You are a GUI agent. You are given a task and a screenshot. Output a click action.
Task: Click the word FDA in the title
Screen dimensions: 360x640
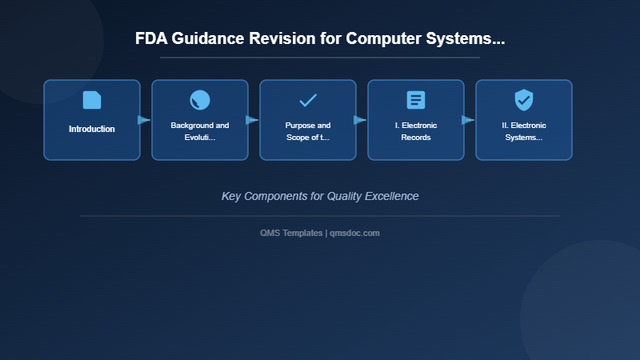tap(150, 39)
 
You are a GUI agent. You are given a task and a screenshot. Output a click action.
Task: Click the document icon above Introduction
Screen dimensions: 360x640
tap(92, 100)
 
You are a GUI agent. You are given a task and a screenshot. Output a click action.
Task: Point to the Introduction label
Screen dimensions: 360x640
tap(92, 129)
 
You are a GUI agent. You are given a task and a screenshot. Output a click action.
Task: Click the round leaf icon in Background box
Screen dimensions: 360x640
tap(200, 100)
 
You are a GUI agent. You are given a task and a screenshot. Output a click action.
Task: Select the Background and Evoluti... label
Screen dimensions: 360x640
tap(200, 131)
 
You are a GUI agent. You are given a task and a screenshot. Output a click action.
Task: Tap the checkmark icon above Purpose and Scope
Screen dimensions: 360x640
tap(308, 100)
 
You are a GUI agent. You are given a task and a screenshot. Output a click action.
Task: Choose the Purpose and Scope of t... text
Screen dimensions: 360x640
tap(308, 131)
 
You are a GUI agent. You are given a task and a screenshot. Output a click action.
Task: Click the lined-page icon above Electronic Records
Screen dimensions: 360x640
tap(416, 100)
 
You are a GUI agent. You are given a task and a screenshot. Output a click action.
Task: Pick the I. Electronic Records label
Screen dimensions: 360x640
tap(416, 131)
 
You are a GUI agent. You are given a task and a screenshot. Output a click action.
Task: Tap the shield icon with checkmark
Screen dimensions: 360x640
tap(524, 100)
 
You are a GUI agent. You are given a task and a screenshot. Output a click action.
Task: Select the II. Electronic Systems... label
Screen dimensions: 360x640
tap(524, 131)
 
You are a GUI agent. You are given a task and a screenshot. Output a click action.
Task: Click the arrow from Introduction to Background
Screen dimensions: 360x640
tap(144, 120)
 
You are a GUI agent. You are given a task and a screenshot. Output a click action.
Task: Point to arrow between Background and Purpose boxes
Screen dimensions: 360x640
tap(252, 120)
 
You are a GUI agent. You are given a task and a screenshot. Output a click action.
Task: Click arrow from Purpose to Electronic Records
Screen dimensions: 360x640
tap(360, 120)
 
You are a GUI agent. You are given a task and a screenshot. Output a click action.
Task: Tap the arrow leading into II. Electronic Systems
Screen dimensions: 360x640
tap(468, 120)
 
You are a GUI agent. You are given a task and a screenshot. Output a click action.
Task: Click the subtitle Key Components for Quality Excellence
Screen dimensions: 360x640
tap(320, 196)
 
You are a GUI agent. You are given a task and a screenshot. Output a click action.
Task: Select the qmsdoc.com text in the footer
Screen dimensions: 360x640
tap(354, 233)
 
